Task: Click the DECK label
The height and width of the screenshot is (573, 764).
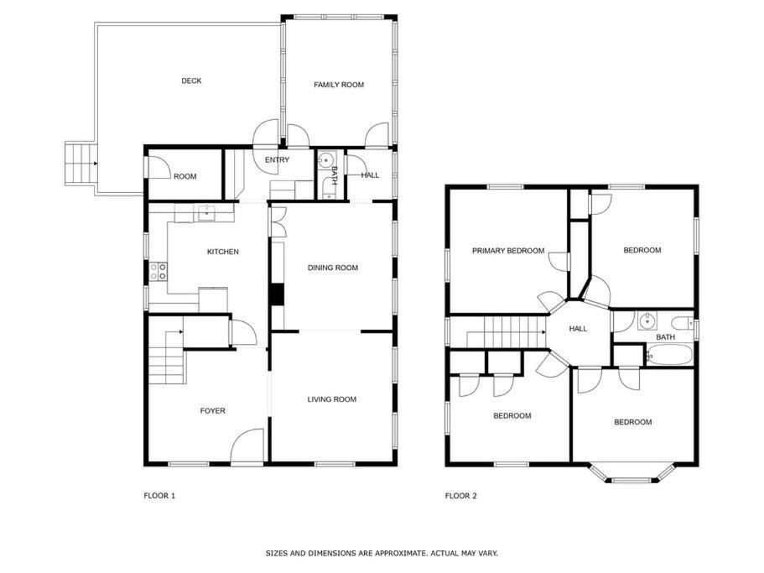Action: [191, 81]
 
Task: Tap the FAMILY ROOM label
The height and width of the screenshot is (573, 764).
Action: [339, 85]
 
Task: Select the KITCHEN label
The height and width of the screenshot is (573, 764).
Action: [223, 252]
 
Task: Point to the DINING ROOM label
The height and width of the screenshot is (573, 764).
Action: [333, 268]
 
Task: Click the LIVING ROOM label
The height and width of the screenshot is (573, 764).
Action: [332, 399]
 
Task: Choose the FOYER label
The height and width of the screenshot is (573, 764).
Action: [213, 411]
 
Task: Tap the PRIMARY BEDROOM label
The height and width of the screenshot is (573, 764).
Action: [508, 251]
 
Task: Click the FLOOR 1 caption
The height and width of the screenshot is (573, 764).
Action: [159, 496]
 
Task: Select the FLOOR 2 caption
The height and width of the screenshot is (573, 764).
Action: [461, 496]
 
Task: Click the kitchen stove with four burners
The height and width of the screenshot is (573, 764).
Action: [159, 272]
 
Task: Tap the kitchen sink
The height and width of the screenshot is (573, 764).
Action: [207, 213]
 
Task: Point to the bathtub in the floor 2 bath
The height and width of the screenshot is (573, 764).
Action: [669, 355]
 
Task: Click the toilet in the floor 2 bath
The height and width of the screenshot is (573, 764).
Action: [682, 323]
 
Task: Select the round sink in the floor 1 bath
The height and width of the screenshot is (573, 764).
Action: [325, 160]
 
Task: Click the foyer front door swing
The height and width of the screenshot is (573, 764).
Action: [247, 445]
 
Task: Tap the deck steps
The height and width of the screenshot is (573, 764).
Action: [80, 164]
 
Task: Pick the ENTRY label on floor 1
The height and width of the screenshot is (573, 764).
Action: [278, 159]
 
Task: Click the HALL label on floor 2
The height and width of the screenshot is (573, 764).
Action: [578, 329]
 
